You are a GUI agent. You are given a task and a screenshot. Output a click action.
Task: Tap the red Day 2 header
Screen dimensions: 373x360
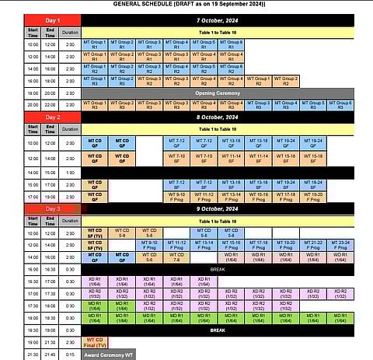click(x=54, y=117)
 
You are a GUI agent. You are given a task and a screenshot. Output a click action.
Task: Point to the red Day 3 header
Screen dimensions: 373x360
click(x=54, y=209)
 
